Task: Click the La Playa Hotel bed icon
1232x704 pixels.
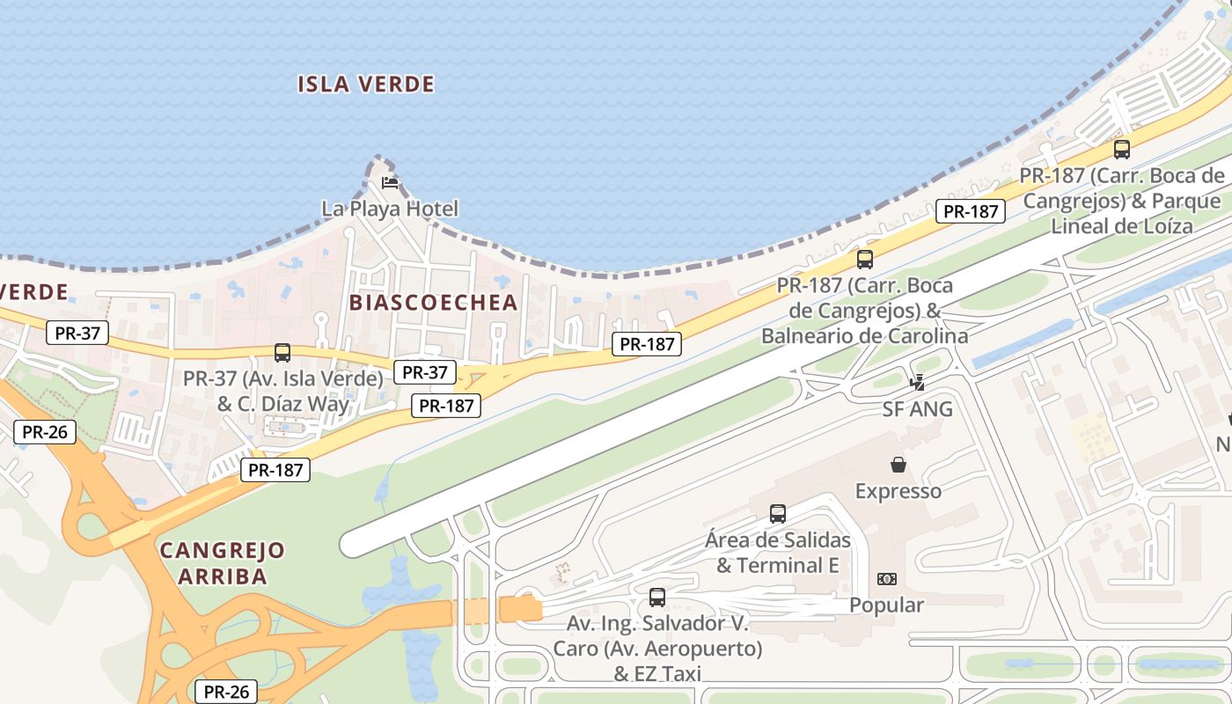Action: (x=390, y=183)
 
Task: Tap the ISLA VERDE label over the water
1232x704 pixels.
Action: (x=366, y=84)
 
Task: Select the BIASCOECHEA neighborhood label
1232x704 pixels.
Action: (x=433, y=303)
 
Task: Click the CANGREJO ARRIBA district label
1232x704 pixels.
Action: (x=223, y=563)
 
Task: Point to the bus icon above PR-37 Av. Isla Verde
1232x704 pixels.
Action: (x=282, y=353)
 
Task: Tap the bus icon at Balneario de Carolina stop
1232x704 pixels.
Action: (x=865, y=260)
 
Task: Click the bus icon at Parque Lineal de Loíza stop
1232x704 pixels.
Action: (x=1121, y=150)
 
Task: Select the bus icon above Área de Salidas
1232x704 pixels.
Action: (x=777, y=514)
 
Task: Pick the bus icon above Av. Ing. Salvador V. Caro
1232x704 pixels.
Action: (x=656, y=598)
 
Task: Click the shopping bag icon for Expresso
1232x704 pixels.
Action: (x=898, y=464)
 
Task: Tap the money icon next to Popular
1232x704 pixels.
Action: (x=887, y=579)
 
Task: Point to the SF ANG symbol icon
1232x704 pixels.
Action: (x=918, y=383)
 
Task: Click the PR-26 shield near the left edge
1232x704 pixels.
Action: (x=45, y=432)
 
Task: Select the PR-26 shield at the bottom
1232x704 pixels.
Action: (x=226, y=692)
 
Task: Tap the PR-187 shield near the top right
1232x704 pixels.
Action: (x=971, y=211)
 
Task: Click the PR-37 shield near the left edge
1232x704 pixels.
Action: (x=77, y=333)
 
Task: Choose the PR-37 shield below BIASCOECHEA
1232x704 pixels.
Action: (x=425, y=372)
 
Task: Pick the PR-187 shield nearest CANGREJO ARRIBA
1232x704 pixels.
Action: (x=275, y=470)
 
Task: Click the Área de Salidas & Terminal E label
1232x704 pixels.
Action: (x=778, y=553)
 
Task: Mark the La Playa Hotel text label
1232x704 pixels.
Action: (x=390, y=209)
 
